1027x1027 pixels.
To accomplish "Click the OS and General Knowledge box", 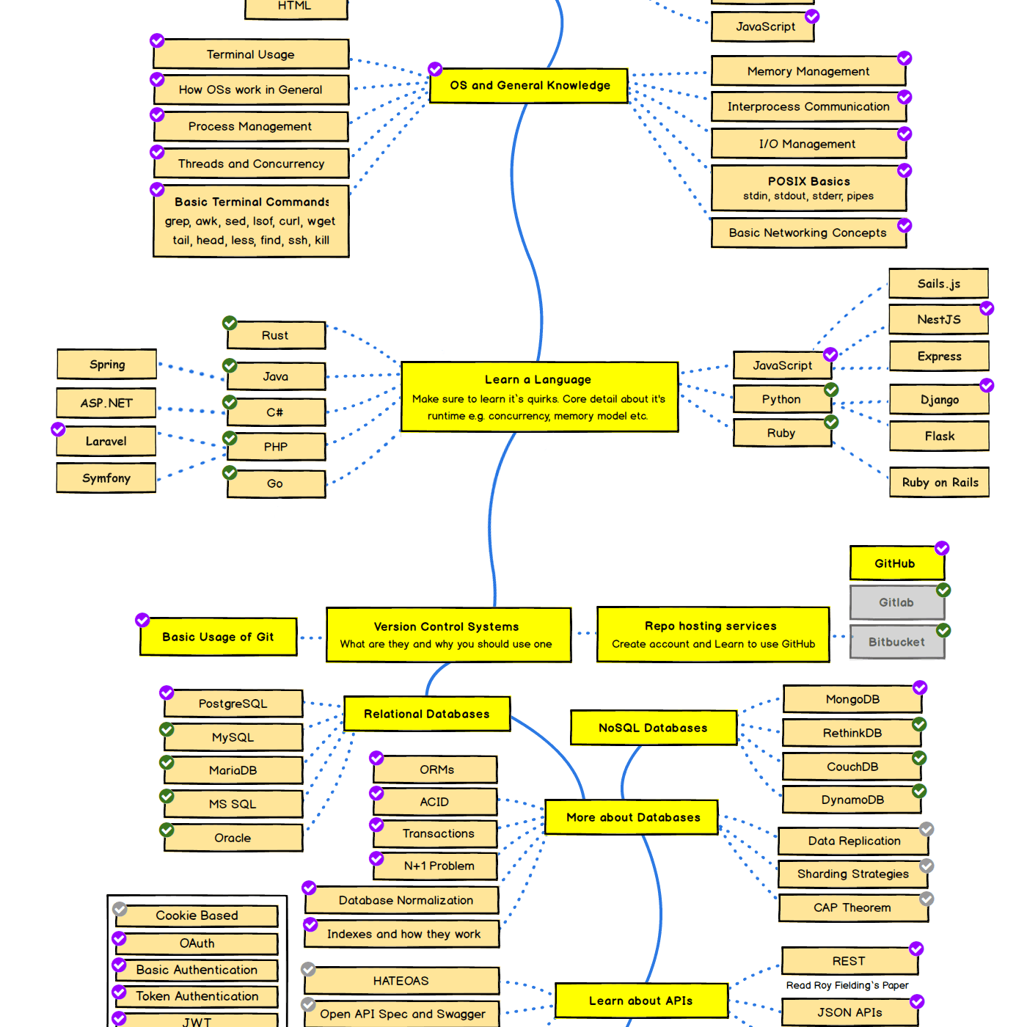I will tap(529, 86).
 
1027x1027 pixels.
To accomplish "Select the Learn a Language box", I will tap(539, 397).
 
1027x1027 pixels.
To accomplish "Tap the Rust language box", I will tap(276, 335).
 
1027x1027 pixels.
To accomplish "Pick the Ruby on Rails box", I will tap(939, 483).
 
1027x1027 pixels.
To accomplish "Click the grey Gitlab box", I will tap(896, 602).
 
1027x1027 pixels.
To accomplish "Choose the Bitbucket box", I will tap(896, 642).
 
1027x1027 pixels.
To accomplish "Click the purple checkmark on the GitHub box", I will tap(942, 549).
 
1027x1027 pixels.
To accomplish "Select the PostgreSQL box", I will tap(233, 703).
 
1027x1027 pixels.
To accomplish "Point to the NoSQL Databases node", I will tap(653, 728).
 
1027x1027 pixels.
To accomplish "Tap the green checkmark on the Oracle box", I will tap(167, 830).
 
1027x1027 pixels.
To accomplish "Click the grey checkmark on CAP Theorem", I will tap(927, 899).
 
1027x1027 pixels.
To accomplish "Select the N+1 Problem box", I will tap(438, 866).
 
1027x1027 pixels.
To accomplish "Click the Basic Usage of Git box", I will tap(218, 637).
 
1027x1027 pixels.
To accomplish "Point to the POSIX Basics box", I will tap(808, 189).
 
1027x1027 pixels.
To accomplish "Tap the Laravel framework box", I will tap(106, 442).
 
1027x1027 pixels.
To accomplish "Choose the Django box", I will tap(939, 400).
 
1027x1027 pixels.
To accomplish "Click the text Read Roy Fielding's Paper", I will tap(847, 985).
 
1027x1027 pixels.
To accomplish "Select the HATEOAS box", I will tap(401, 981).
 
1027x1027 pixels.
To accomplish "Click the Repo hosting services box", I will tap(712, 635).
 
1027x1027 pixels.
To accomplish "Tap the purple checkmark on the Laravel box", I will tap(58, 429).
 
